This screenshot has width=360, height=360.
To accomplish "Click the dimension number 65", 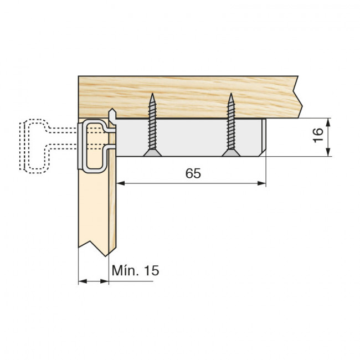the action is point(193,173).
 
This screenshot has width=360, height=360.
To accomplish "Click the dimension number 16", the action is point(318,136).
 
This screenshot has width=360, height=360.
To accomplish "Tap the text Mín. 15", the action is point(135,270).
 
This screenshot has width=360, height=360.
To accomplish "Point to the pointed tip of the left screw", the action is point(152,94).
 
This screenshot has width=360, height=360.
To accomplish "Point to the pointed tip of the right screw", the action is point(231,94).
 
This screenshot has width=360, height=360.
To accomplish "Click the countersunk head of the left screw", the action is point(152,153).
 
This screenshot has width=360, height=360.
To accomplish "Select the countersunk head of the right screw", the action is point(231,153).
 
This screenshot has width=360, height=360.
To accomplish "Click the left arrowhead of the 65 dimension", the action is point(121,183).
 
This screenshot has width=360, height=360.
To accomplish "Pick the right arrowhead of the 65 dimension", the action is point(261,183).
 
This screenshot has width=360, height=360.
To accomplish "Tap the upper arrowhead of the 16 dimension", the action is point(328,122).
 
